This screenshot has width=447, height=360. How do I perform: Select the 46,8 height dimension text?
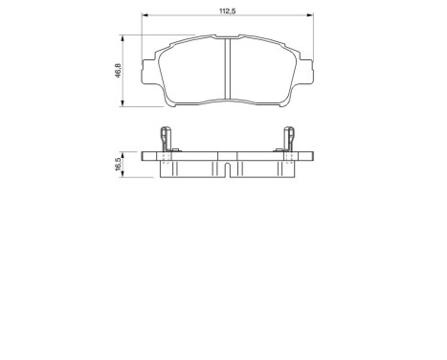click(x=118, y=72)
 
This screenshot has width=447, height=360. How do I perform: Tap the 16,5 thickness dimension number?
click(x=118, y=164)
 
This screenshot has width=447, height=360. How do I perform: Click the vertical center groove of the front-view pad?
click(x=227, y=72)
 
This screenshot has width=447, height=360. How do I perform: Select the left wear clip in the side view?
click(x=167, y=141)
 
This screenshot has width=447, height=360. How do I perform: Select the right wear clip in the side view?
click(x=287, y=141)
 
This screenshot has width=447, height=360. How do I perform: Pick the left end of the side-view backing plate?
click(x=144, y=155)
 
